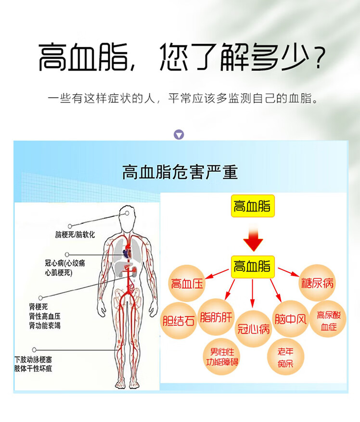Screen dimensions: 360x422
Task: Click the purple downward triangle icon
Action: click(179, 135)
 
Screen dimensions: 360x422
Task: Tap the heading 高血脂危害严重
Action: click(180, 172)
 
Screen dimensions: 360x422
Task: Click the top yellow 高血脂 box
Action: click(252, 206)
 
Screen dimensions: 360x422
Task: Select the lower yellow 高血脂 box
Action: click(252, 266)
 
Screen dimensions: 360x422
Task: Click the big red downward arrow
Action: click(252, 239)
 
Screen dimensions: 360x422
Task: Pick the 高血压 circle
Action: click(188, 283)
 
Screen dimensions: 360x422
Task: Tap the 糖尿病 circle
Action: click(317, 282)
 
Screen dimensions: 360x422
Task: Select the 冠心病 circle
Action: click(253, 329)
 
